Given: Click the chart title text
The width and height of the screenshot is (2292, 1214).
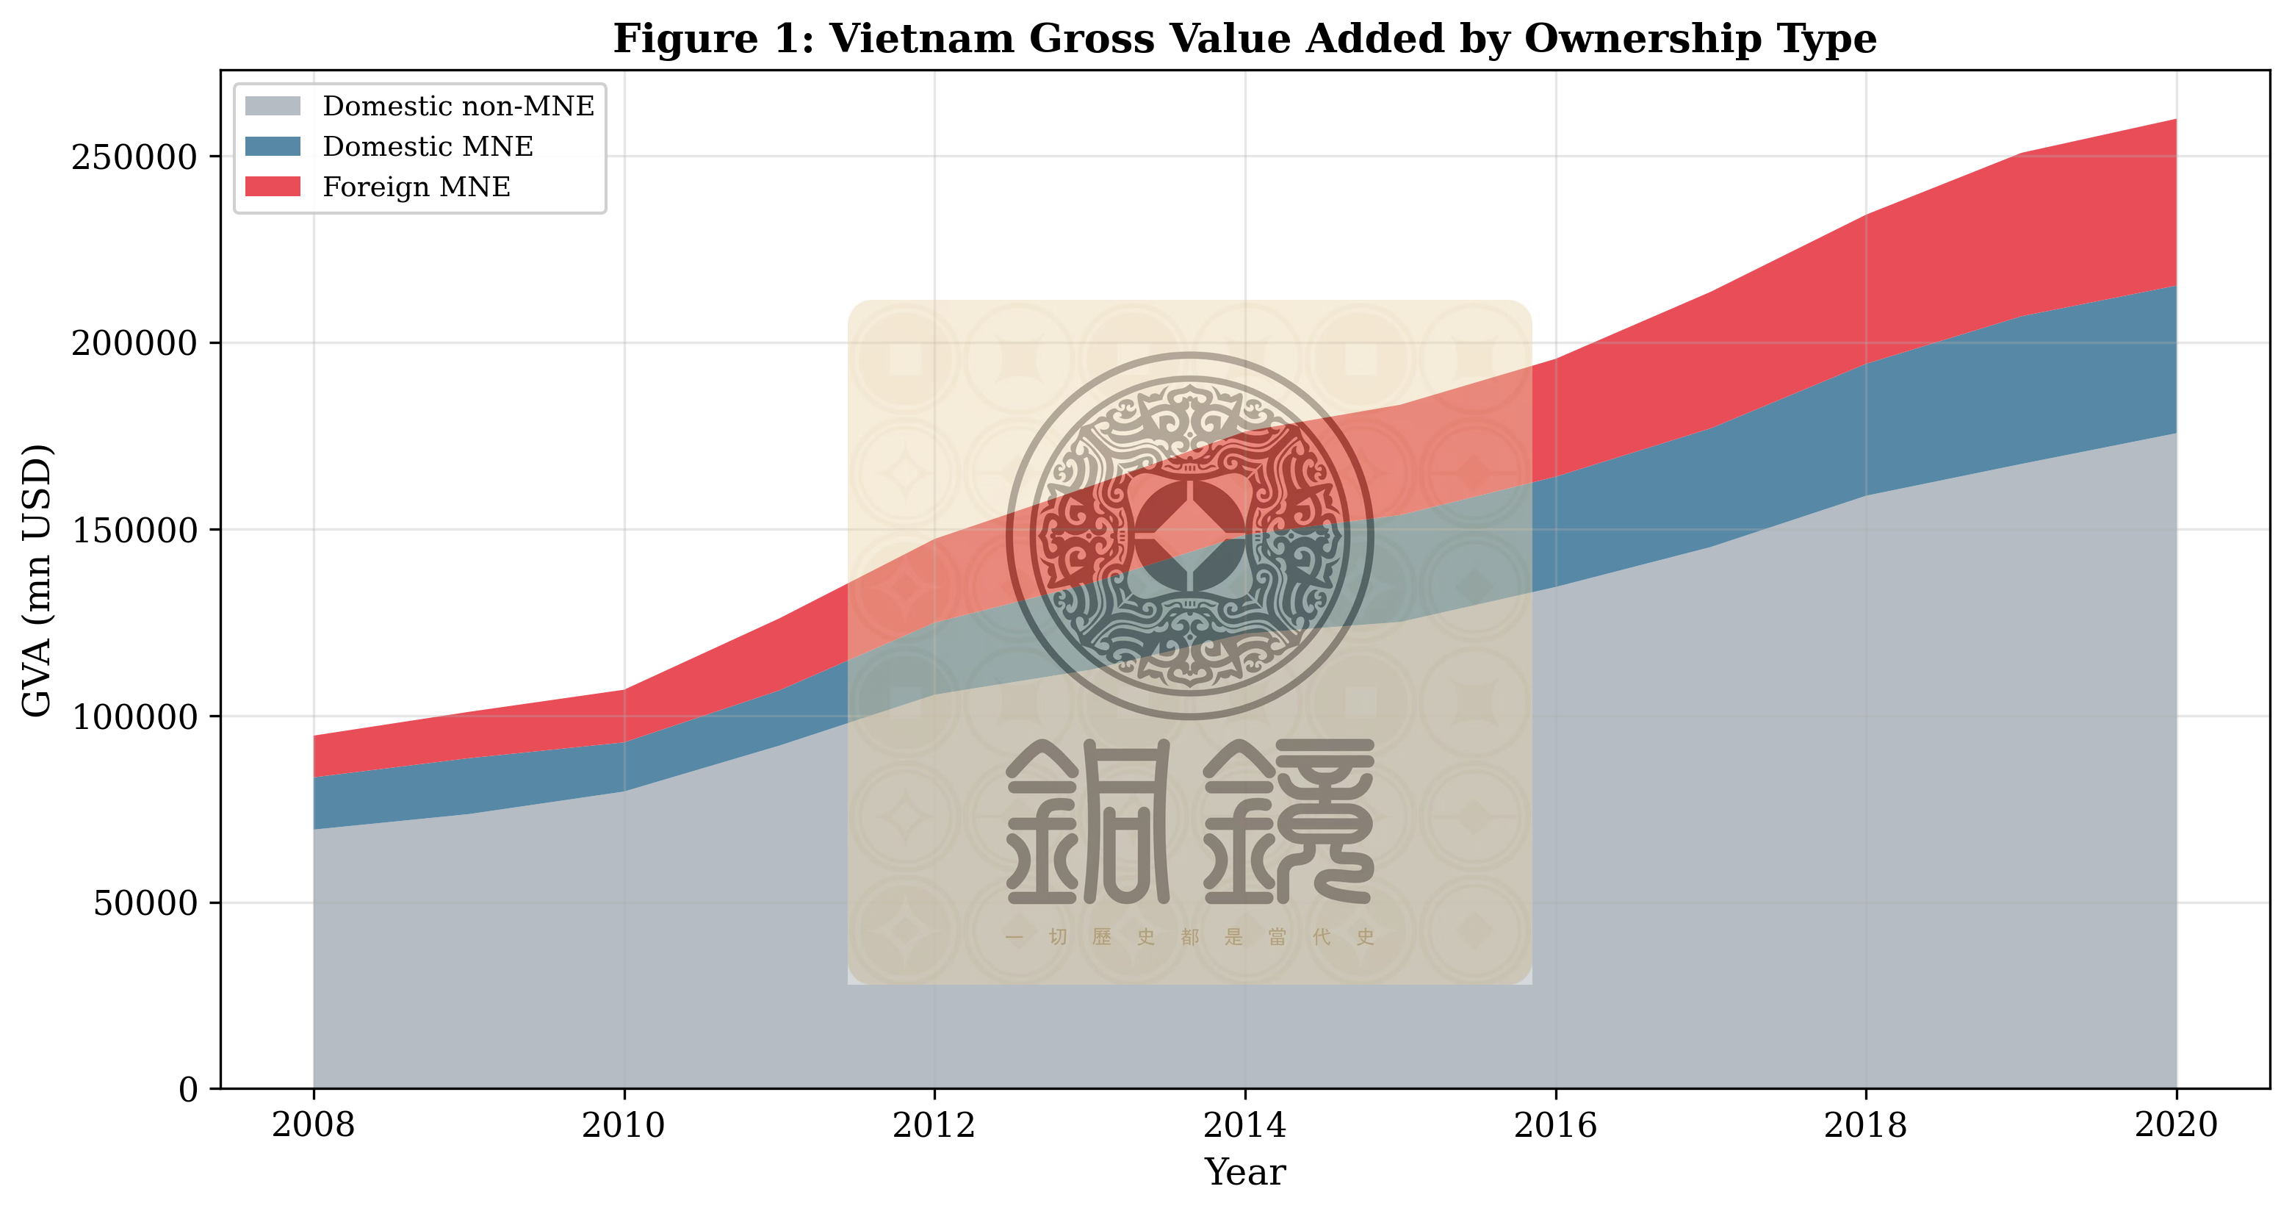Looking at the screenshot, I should [x=1244, y=39].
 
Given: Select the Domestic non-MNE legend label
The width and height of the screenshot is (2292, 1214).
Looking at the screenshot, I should [x=458, y=106].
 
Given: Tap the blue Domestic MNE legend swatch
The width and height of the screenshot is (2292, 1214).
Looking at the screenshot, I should [x=273, y=146].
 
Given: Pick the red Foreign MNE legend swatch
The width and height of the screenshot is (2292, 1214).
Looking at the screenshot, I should [x=273, y=186].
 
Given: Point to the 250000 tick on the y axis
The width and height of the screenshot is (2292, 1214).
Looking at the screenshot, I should [x=134, y=157].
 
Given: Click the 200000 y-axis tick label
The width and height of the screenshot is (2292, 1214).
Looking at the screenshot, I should [x=134, y=344].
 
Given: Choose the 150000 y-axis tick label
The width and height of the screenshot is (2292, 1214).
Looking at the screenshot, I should [x=134, y=531].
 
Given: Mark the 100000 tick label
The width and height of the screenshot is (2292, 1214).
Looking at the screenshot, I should [x=134, y=716].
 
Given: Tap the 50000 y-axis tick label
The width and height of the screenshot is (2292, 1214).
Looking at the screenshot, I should [x=145, y=903].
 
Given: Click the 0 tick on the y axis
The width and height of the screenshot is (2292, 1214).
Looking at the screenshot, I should [x=189, y=1089].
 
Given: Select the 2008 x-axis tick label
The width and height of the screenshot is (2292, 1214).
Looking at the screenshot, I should [x=313, y=1126].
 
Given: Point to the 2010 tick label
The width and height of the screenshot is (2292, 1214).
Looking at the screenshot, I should [x=623, y=1126].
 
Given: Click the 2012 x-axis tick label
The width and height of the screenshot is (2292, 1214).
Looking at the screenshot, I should [x=934, y=1126].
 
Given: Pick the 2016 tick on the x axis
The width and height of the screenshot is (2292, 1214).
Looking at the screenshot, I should [x=1554, y=1126].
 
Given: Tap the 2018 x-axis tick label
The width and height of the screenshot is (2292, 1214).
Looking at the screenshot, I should [x=1865, y=1126].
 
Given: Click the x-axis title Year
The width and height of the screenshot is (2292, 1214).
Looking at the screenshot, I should [x=1244, y=1172].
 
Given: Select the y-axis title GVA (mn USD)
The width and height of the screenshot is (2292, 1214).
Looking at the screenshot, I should [x=37, y=581].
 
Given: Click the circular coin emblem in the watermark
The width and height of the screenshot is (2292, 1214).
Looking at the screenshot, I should [x=1189, y=536].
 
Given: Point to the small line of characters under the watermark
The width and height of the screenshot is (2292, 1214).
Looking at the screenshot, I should [x=1189, y=936].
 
